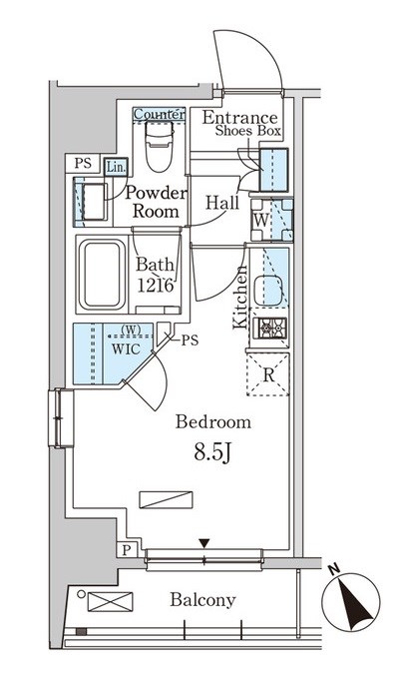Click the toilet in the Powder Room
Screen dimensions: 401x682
click(159, 146)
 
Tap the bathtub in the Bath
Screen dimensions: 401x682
click(103, 275)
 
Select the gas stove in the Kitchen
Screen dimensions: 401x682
click(272, 329)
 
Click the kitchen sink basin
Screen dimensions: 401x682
click(268, 291)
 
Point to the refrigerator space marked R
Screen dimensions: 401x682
click(268, 374)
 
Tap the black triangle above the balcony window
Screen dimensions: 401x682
click(204, 543)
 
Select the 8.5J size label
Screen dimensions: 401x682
click(211, 452)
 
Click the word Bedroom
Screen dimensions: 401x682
click(212, 422)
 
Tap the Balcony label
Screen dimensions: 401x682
click(202, 600)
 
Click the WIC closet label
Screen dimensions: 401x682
click(126, 348)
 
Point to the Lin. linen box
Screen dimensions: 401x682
click(116, 167)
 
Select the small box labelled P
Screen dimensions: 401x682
click(127, 550)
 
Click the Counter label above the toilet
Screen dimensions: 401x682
click(159, 115)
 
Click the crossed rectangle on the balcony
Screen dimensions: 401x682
click(110, 601)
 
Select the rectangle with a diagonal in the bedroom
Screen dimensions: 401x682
click(166, 499)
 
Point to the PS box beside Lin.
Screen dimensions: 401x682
click(83, 163)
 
